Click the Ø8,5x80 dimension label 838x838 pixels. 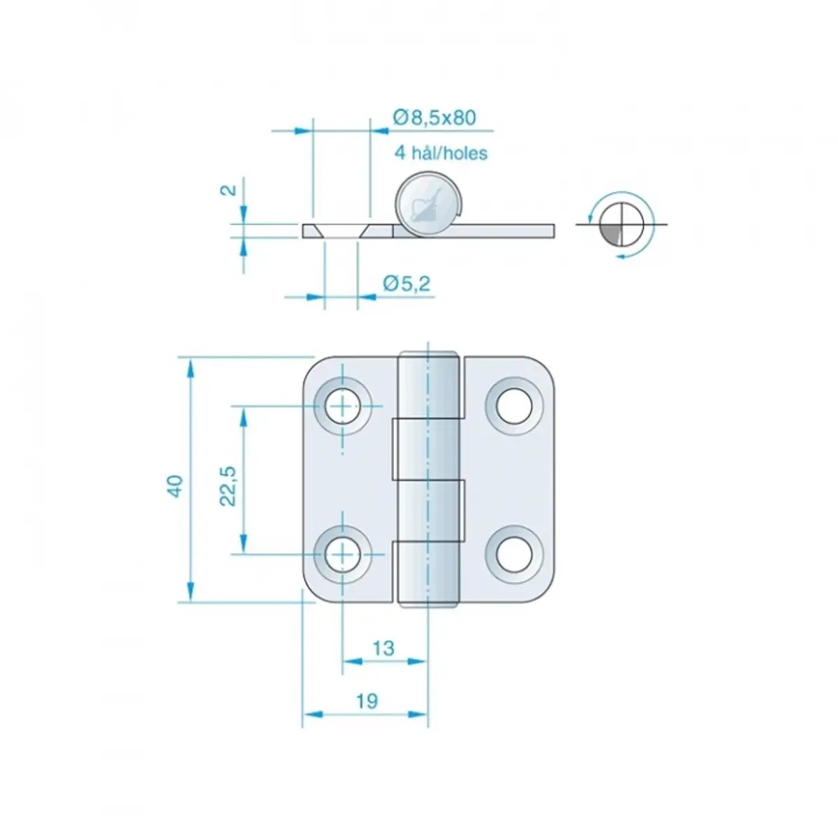coord(434,117)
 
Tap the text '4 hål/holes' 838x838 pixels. coord(441,153)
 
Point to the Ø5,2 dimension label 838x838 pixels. coord(406,284)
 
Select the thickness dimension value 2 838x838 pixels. coord(230,190)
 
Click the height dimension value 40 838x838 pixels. coord(175,486)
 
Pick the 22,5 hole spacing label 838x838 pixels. coord(228,486)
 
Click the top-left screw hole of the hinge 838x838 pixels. coord(343,406)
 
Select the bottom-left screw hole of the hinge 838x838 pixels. coord(343,554)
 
